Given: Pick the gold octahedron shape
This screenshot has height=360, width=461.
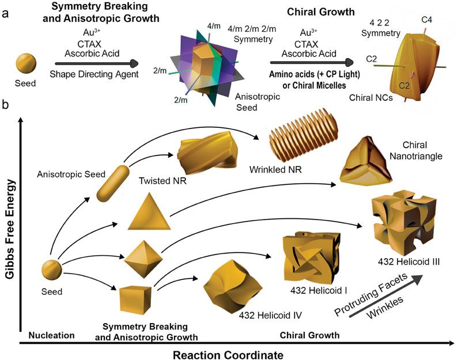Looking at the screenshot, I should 141,259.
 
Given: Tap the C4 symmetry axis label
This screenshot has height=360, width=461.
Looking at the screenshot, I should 427,21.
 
